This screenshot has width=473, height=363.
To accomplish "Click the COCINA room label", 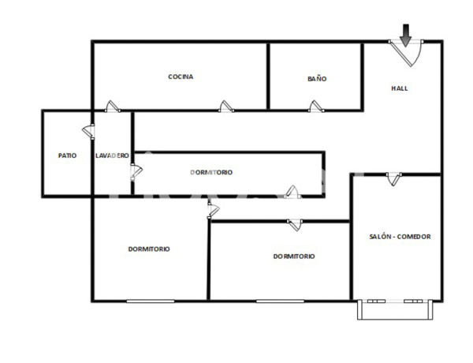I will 181,77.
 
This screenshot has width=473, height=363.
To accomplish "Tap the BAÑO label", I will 317,79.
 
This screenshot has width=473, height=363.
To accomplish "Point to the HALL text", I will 400,88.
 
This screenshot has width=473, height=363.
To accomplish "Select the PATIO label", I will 67,155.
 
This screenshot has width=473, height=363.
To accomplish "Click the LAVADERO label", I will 112,155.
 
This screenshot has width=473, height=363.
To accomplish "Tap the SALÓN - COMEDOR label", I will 400,236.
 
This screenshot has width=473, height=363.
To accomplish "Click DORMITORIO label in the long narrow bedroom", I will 211,172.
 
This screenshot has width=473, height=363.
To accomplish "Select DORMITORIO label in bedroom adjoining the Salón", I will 294,256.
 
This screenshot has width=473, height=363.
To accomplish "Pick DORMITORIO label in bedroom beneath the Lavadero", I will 149,249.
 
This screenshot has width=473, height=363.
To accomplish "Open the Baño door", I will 316,107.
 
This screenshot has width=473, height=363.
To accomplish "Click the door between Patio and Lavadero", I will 88,133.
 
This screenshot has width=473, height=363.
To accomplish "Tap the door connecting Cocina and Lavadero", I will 112,107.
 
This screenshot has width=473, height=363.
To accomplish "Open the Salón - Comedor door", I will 393,181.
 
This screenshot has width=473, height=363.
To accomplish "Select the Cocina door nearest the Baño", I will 227,107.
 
